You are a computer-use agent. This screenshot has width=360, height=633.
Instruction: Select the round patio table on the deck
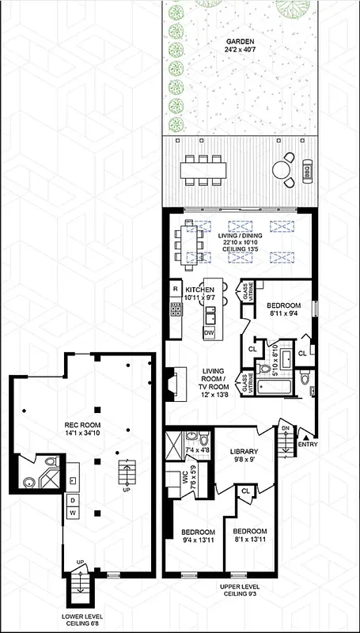282,169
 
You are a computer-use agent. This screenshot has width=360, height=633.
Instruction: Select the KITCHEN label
200,290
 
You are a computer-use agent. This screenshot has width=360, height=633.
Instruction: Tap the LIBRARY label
244,452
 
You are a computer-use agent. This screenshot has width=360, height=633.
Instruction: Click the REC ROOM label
81,425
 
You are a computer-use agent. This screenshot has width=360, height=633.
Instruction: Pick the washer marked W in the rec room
72,514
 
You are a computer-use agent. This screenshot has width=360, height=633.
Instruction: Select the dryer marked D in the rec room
72,500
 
